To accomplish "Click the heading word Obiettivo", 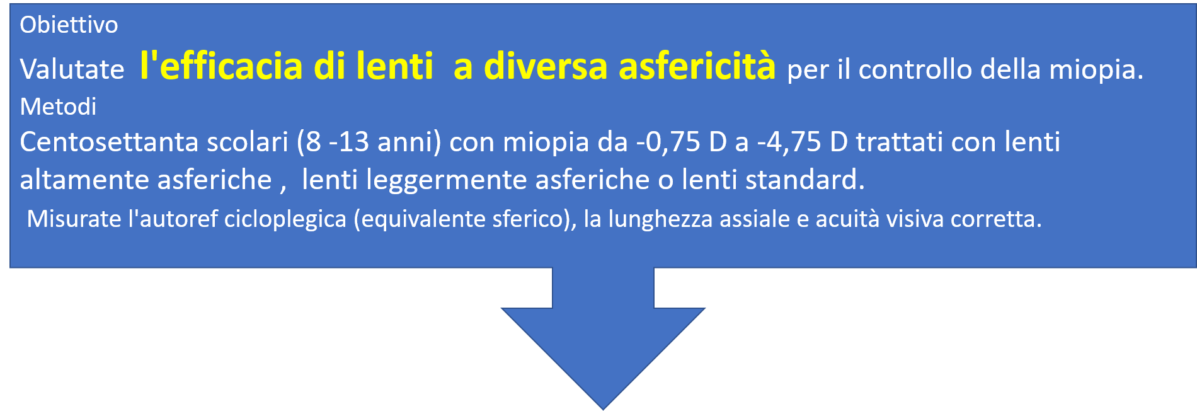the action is (69, 25).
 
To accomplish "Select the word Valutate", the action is (72, 69).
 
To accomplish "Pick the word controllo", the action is (915, 69).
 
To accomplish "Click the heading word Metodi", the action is (58, 107).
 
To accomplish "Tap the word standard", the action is (805, 180).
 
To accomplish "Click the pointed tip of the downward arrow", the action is (603, 410).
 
